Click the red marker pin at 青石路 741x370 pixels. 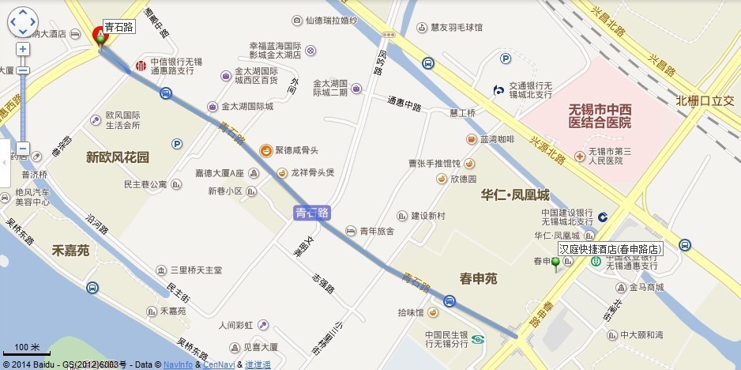(100, 36)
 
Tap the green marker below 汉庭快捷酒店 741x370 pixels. (555, 263)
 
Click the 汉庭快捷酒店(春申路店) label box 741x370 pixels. (610, 249)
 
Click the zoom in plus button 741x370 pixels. (23, 49)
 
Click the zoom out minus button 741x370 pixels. (23, 149)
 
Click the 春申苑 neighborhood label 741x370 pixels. (478, 277)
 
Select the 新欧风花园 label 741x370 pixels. (117, 157)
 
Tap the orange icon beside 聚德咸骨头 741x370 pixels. (267, 150)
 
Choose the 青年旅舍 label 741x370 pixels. (377, 232)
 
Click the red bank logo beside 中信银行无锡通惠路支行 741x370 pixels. (141, 65)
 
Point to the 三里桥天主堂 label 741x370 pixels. (190, 270)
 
